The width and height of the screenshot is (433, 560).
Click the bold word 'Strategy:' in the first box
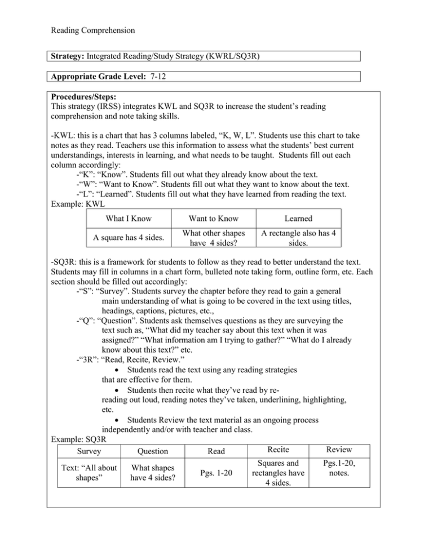[x=69, y=56]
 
